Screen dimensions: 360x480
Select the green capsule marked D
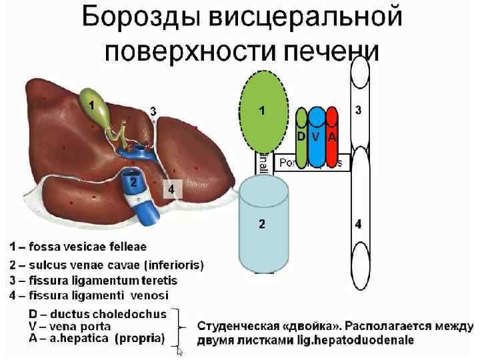click(301, 137)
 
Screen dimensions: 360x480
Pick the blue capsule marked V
click(317, 137)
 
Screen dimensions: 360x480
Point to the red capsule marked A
click(332, 137)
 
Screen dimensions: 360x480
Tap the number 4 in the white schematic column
click(359, 225)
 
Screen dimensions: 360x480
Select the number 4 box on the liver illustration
click(171, 189)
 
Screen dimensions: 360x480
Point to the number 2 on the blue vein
click(133, 181)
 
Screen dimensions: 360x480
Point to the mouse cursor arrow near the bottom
click(179, 351)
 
